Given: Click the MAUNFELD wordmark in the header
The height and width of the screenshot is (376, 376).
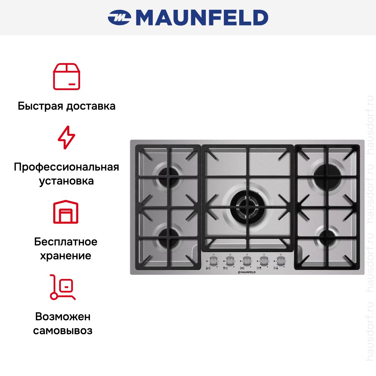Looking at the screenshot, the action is [x=202, y=18].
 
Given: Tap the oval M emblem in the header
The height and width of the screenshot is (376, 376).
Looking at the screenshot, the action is [x=119, y=17].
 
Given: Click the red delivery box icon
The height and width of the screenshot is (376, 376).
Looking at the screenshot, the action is [x=66, y=77].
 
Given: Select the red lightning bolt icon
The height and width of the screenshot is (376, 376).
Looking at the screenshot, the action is [x=66, y=138].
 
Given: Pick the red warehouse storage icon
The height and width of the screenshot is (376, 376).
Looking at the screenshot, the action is [x=66, y=212].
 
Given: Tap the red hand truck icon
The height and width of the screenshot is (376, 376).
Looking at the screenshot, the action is [x=63, y=287].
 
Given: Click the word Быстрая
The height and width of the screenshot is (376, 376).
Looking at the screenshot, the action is [x=40, y=106].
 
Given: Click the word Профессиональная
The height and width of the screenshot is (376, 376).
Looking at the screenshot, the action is [x=66, y=167].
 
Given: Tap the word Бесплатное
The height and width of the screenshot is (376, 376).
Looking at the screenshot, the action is [x=66, y=242].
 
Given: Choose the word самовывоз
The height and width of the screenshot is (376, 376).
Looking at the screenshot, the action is [x=63, y=331].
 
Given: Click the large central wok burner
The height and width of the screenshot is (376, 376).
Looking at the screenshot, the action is [x=248, y=207].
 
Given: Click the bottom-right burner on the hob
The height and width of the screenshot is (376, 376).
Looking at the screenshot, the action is [x=327, y=238].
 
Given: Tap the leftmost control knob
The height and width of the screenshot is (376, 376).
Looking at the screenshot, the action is [x=213, y=260].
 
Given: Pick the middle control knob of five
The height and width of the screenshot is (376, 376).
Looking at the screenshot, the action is [x=247, y=260].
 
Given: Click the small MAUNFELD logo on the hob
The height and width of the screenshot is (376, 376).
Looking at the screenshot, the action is [x=247, y=272].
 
